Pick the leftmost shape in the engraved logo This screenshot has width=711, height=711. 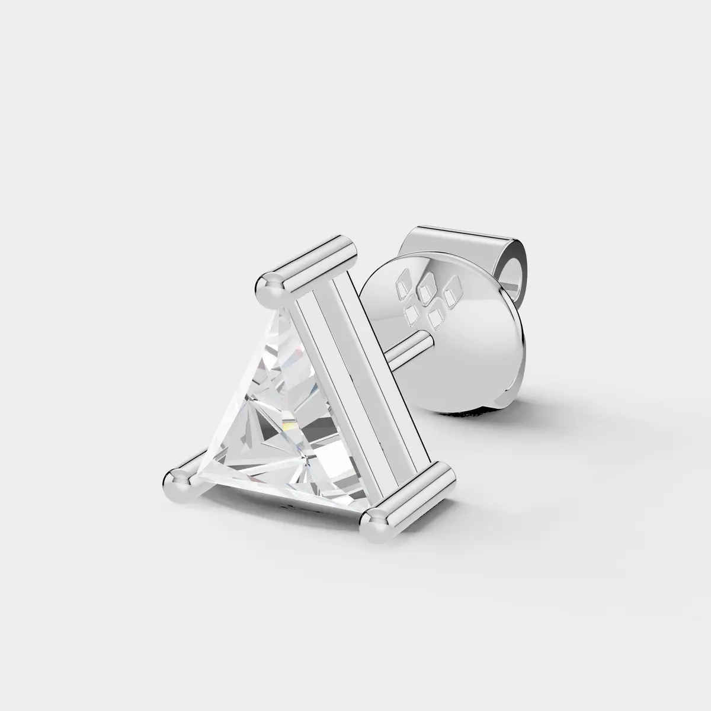tap(403, 279)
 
